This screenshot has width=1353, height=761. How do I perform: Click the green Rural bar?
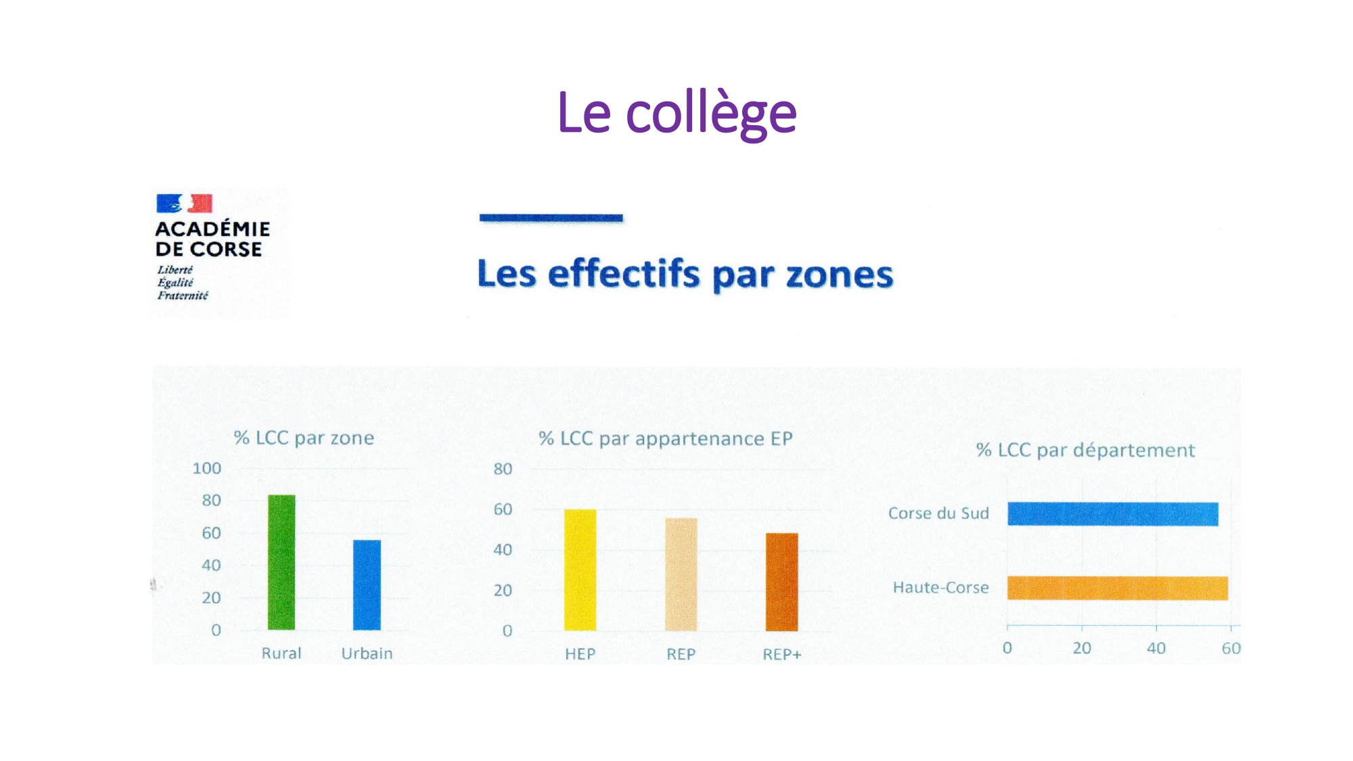(x=281, y=562)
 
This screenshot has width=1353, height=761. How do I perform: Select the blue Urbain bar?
(x=367, y=584)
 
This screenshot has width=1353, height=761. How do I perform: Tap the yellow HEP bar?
(x=580, y=570)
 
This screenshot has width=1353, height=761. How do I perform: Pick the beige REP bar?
(x=681, y=574)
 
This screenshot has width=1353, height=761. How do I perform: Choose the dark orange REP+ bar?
(x=782, y=582)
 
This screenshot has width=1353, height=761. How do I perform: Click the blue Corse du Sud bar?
(x=1113, y=514)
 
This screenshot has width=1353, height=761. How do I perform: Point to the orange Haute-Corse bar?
(x=1118, y=588)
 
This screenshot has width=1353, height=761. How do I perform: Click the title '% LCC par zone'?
(x=304, y=438)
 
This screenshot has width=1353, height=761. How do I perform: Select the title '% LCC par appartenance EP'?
(x=666, y=439)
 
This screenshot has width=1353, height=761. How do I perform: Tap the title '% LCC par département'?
(x=1086, y=451)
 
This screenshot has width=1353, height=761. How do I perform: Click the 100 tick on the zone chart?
(x=207, y=468)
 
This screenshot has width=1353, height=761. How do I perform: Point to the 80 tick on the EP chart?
(x=503, y=469)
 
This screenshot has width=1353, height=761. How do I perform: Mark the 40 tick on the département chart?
(x=1156, y=648)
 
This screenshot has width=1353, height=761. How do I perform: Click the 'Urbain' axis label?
(x=367, y=653)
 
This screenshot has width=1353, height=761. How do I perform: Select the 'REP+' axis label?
(x=782, y=654)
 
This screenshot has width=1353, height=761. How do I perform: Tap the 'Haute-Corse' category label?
(x=941, y=587)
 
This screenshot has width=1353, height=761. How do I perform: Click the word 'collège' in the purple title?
(x=711, y=114)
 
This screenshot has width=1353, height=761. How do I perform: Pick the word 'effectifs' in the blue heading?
(x=624, y=273)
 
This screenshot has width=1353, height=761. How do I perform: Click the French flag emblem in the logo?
(x=184, y=203)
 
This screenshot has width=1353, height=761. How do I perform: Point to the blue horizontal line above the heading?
(x=551, y=218)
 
